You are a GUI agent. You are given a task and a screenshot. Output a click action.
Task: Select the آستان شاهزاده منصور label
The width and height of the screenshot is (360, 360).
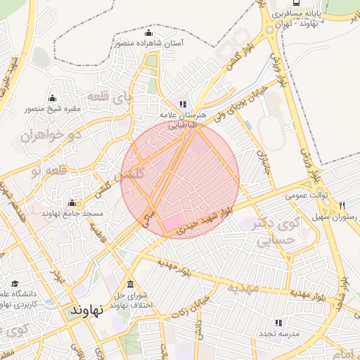pos(148,44)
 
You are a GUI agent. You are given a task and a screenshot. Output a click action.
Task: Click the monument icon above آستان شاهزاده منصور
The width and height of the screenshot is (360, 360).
pos(148,32)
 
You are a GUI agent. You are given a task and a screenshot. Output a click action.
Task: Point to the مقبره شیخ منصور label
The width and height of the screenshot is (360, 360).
pos(53,109)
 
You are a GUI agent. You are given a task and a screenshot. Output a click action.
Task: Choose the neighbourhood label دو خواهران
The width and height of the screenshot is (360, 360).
pos(58,133)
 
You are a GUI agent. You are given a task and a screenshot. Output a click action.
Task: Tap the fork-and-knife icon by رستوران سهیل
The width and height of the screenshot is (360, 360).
pos(342,206)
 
